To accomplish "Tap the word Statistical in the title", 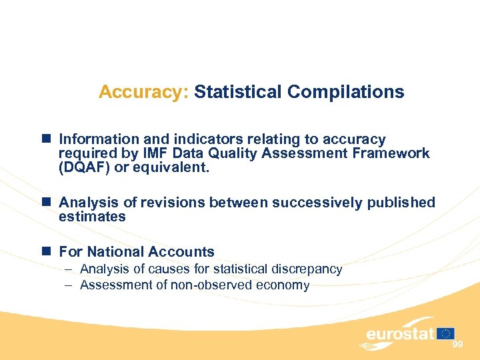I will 238,92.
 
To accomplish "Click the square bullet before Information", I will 47,139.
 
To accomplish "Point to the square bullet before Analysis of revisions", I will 47,202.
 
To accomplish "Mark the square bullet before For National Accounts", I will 47,251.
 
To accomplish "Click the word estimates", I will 92,217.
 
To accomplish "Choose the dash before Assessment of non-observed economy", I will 69,285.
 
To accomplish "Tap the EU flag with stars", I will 446,333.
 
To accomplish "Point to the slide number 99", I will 457,344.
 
